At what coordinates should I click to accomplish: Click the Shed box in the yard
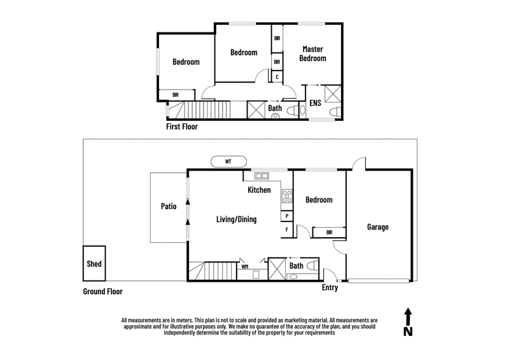pyautogui.click(x=94, y=263)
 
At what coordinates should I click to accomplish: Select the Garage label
pyautogui.click(x=377, y=227)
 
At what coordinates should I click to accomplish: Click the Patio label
pyautogui.click(x=168, y=206)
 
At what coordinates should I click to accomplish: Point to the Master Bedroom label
pyautogui.click(x=314, y=53)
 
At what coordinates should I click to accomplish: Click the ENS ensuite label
pyautogui.click(x=315, y=103)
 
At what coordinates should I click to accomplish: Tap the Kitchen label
pyautogui.click(x=260, y=190)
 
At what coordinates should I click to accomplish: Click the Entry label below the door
pyautogui.click(x=330, y=288)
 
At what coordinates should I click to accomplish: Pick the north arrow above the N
pyautogui.click(x=408, y=316)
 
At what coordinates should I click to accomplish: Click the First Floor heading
pyautogui.click(x=182, y=127)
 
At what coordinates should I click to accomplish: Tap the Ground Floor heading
pyautogui.click(x=102, y=292)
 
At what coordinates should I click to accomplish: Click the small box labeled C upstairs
pyautogui.click(x=277, y=76)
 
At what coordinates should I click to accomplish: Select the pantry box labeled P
pyautogui.click(x=287, y=216)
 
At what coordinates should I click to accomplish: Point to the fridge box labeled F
pyautogui.click(x=287, y=230)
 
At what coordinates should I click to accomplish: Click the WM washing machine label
pyautogui.click(x=245, y=267)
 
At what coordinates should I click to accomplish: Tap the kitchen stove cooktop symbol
pyautogui.click(x=287, y=197)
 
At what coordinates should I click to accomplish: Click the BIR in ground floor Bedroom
pyautogui.click(x=329, y=233)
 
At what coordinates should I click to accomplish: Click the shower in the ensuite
pyautogui.click(x=332, y=93)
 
